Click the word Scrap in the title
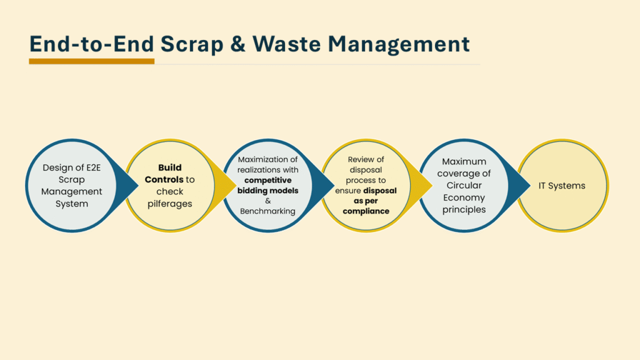[x=192, y=44]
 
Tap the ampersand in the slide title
[x=237, y=44]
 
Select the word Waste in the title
[x=286, y=44]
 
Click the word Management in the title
[x=399, y=44]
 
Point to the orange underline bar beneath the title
[x=91, y=61]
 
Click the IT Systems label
[x=562, y=186]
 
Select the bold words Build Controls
[x=164, y=174]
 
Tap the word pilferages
[x=170, y=204]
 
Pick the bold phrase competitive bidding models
[x=267, y=185]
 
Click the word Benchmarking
[x=267, y=211]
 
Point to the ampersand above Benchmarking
[x=267, y=201]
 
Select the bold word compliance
[x=366, y=211]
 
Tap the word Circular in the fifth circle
[x=464, y=185]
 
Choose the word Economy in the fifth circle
[x=464, y=197]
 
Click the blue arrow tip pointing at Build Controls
[x=138, y=186]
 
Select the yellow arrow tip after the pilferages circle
[x=236, y=186]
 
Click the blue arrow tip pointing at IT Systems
[x=530, y=186]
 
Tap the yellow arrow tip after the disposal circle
[x=432, y=186]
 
